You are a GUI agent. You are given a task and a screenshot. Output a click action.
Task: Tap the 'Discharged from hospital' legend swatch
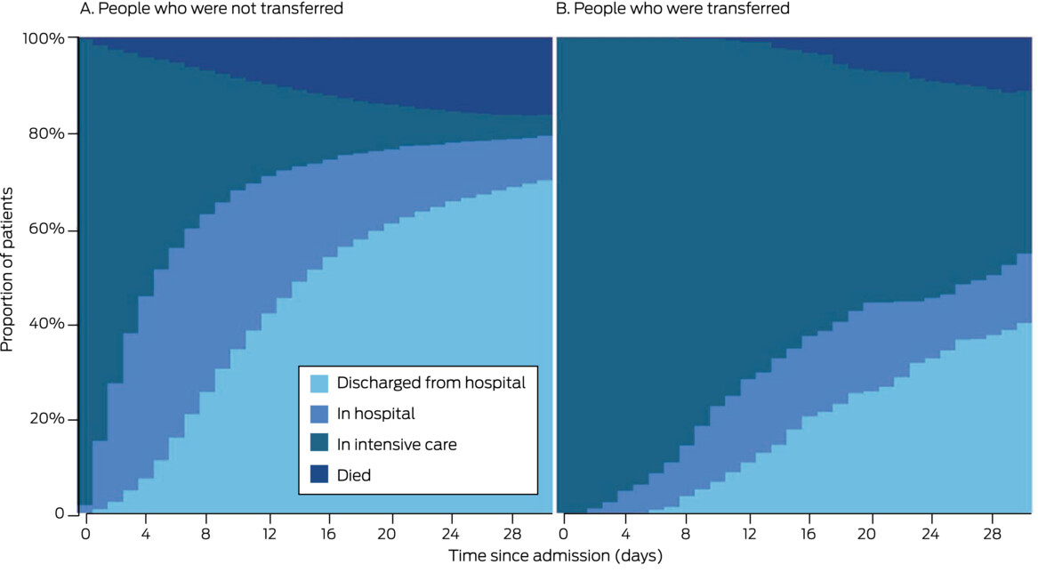319,383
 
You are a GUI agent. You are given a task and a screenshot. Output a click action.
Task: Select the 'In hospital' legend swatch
319,414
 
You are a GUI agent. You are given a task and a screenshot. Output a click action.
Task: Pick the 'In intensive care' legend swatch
319,444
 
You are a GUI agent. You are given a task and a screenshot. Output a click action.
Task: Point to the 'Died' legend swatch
319,475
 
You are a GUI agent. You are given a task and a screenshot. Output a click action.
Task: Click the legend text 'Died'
354,475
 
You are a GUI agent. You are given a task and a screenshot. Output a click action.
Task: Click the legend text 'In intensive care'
396,444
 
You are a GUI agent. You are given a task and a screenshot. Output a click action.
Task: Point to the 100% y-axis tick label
43,39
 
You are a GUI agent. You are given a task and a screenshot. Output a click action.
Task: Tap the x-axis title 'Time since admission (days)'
555,556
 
